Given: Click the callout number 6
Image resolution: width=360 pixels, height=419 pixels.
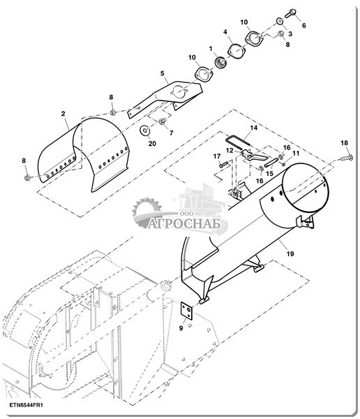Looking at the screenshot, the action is tap(303, 26).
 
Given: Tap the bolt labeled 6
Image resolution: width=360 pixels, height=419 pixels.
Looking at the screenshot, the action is tap(290, 13).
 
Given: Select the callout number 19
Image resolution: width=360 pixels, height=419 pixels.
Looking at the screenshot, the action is tap(290, 253).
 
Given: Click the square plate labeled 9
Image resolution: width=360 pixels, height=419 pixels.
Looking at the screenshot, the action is tap(187, 310).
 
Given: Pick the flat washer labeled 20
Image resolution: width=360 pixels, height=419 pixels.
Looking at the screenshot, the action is tap(145, 131).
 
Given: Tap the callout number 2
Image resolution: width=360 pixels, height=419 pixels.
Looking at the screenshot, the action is tap(63, 114).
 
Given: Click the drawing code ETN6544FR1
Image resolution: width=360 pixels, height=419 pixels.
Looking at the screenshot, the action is tap(27, 405).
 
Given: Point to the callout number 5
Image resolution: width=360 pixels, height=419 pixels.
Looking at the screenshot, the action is tap(163, 73).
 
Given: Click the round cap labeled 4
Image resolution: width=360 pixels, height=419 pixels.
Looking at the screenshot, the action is tap(236, 51).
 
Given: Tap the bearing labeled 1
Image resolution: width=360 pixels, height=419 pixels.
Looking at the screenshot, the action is tap(220, 63).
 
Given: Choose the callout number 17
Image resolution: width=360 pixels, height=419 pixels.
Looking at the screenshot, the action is tap(217, 156).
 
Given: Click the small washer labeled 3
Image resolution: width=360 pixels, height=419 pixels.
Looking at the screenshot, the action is tap(280, 21).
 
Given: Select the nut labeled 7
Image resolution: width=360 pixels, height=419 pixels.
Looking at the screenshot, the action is tap(162, 122).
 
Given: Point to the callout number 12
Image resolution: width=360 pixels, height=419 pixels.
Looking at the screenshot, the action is tap(230, 150).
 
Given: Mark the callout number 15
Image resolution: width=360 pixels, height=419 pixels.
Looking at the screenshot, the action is tap(269, 173).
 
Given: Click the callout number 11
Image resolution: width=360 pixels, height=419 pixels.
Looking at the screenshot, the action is tap(296, 154).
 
